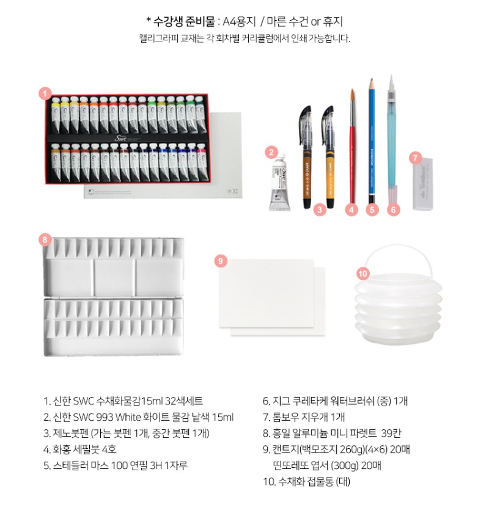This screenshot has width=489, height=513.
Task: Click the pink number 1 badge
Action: point(45,94)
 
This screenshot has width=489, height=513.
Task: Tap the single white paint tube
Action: point(279,183)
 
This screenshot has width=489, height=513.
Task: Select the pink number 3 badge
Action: point(320,209)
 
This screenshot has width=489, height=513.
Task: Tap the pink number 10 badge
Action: point(362,274)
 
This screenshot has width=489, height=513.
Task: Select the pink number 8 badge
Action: point(45,239)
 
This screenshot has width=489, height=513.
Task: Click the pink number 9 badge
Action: point(221,261)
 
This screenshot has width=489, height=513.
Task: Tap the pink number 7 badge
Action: point(415,158)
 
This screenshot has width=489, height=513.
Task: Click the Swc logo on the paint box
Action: point(120,139)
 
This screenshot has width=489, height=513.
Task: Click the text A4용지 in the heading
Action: point(239,21)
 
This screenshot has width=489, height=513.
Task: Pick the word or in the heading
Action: point(315,22)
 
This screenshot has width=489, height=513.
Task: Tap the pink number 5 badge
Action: point(372,209)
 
